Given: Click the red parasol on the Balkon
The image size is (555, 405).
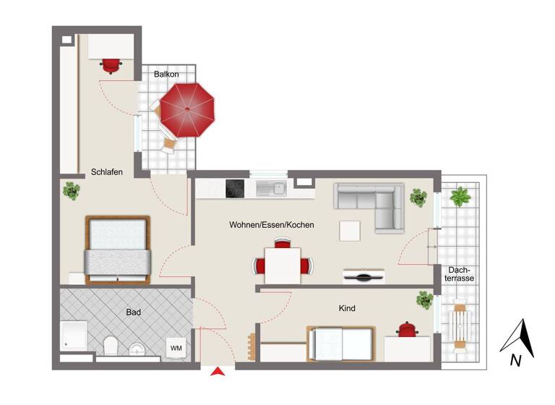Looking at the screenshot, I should (187, 110).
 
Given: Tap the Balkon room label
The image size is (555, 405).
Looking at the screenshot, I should (166, 74).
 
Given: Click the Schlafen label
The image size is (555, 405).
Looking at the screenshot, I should (106, 172).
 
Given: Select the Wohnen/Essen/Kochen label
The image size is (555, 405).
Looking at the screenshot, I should (272, 225).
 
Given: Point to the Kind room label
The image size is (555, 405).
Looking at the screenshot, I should (347, 308).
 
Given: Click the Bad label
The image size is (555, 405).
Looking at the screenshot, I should (133, 312).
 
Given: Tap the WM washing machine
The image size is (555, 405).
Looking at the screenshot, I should (176, 348).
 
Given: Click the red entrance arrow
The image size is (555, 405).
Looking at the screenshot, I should (218, 372).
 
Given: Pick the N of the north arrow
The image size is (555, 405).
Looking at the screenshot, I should (515, 359).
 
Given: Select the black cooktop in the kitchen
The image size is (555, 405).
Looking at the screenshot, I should (236, 188).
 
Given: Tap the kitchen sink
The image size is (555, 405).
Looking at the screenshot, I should (272, 189).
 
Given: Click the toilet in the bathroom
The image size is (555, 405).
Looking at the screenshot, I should (111, 346).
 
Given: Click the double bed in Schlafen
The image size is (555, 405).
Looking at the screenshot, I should (118, 249).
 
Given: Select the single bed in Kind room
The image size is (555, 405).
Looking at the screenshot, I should (341, 343).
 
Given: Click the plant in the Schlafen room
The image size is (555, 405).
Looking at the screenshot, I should (71, 192).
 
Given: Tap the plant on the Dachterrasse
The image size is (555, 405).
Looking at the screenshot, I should (460, 196).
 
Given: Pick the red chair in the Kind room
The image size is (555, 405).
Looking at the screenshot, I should (408, 329).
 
